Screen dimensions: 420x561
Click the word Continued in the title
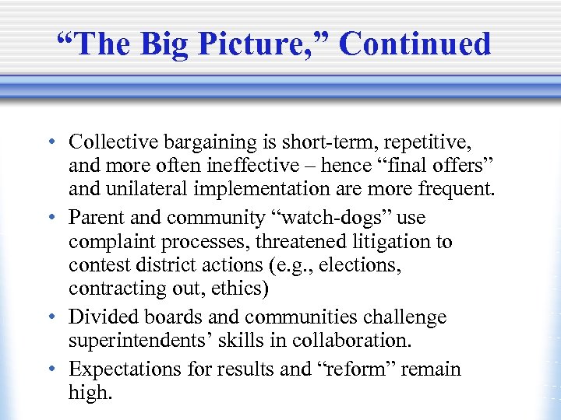415,44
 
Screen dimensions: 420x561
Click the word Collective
113,142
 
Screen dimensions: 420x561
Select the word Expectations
119,369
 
